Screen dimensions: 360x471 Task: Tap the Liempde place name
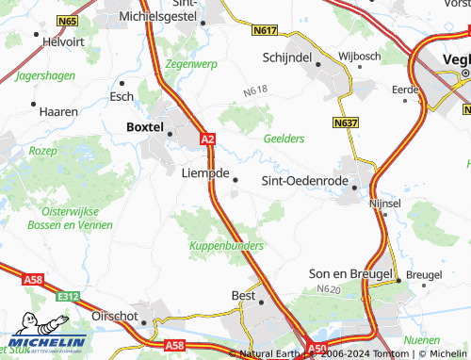point(204,172)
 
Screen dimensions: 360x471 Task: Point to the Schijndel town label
point(287,57)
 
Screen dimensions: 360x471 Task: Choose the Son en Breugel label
point(350,273)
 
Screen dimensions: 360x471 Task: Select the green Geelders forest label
point(284,139)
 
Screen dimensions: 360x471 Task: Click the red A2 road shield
point(208,139)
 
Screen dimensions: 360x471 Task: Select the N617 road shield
point(267,31)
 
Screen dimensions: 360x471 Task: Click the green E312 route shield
point(66,297)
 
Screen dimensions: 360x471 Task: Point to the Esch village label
point(122,96)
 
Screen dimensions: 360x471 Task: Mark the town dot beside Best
point(263,302)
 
